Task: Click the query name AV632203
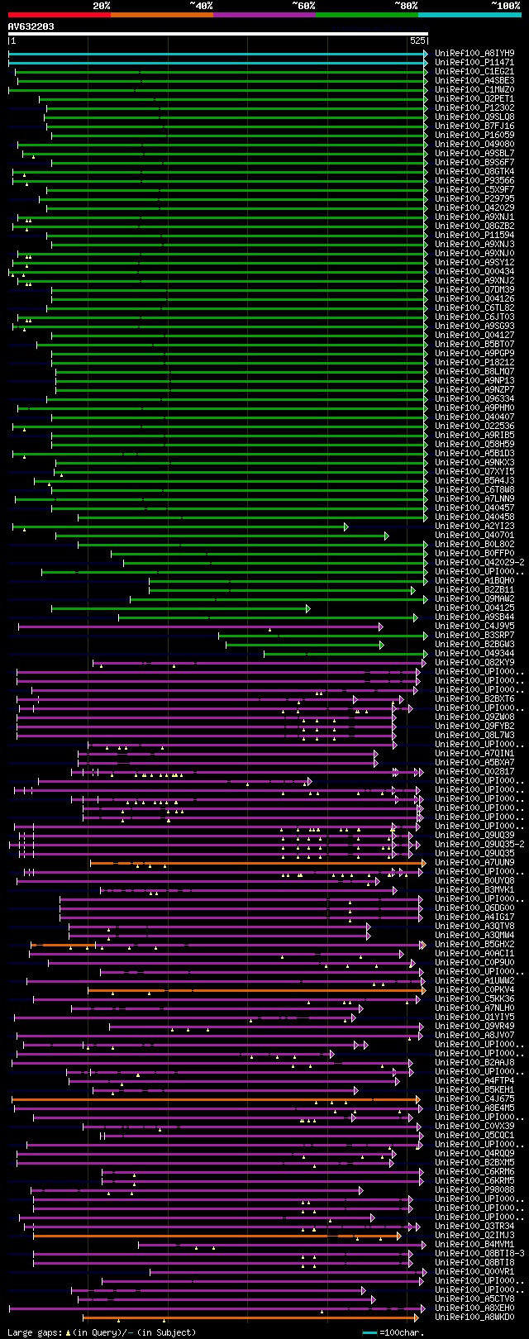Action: point(31,26)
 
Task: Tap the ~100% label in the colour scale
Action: point(505,6)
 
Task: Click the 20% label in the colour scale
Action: point(102,6)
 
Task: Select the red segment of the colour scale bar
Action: point(59,14)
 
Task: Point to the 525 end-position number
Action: point(417,41)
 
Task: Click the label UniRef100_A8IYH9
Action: point(474,53)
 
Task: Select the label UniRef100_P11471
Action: point(474,62)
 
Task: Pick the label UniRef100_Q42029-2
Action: point(479,562)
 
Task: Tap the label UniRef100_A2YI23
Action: point(474,526)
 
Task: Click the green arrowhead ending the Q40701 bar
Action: point(386,536)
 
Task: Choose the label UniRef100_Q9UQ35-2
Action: point(479,844)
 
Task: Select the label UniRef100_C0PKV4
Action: point(474,989)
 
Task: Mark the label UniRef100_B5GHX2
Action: point(474,944)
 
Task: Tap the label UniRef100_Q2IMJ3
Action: point(474,1235)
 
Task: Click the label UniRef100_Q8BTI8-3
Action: point(479,1253)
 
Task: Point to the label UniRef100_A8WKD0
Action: point(474,1317)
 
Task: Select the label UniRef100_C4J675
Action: point(474,1098)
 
